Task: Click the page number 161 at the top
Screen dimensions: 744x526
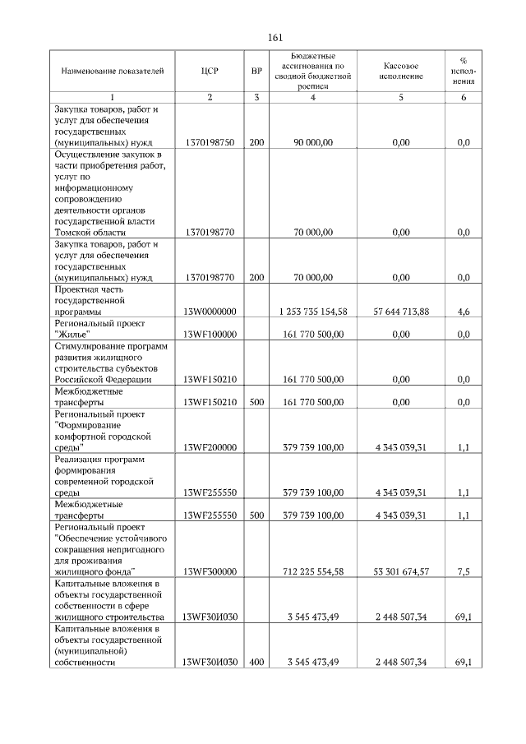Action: (275, 37)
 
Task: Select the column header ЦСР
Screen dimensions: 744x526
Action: (209, 72)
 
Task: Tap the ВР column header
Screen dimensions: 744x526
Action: (256, 72)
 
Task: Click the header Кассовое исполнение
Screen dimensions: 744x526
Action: (401, 72)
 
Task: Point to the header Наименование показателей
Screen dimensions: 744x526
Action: (107, 72)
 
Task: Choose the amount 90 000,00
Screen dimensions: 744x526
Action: (313, 143)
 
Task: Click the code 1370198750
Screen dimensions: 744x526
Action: (210, 143)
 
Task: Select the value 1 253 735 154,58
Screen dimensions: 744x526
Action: (313, 312)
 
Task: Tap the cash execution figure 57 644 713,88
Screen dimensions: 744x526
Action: (401, 312)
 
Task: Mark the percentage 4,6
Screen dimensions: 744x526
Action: (463, 312)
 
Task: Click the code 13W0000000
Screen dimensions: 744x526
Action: (210, 312)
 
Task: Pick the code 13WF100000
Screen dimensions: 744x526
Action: (210, 335)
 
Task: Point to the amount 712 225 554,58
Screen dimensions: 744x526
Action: (313, 571)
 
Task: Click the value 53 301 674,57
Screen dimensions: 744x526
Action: (401, 571)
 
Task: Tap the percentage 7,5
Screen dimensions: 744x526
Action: (463, 571)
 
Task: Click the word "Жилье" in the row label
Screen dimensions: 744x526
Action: (72, 335)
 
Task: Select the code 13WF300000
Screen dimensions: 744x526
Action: (210, 571)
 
